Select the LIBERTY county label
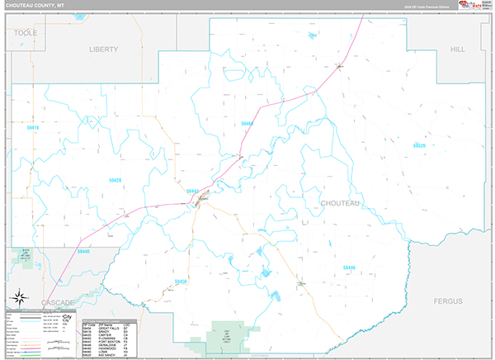pos(104,50)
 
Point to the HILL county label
pos(457,50)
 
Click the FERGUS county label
pos(452,302)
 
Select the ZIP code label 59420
pos(115,179)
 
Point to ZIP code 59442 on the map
pos(193,191)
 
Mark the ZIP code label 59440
pos(83,251)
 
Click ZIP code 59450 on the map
pos(181,281)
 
